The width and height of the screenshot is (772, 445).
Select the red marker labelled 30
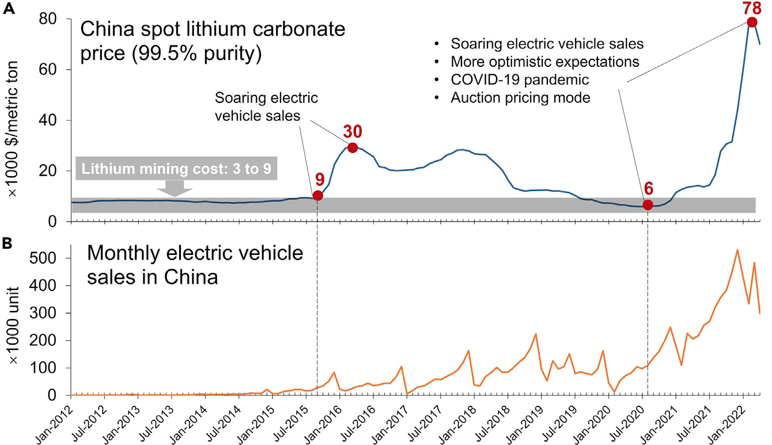point(353,147)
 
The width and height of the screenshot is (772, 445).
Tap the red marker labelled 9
point(317,196)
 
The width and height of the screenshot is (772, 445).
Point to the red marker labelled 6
point(648,205)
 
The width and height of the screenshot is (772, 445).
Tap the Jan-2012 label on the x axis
point(58,423)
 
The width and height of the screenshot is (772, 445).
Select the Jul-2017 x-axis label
point(427,423)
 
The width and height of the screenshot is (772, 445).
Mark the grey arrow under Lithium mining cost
point(176,188)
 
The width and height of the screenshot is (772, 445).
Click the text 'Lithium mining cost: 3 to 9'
point(176,168)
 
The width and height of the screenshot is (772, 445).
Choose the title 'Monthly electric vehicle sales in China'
point(194,265)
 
